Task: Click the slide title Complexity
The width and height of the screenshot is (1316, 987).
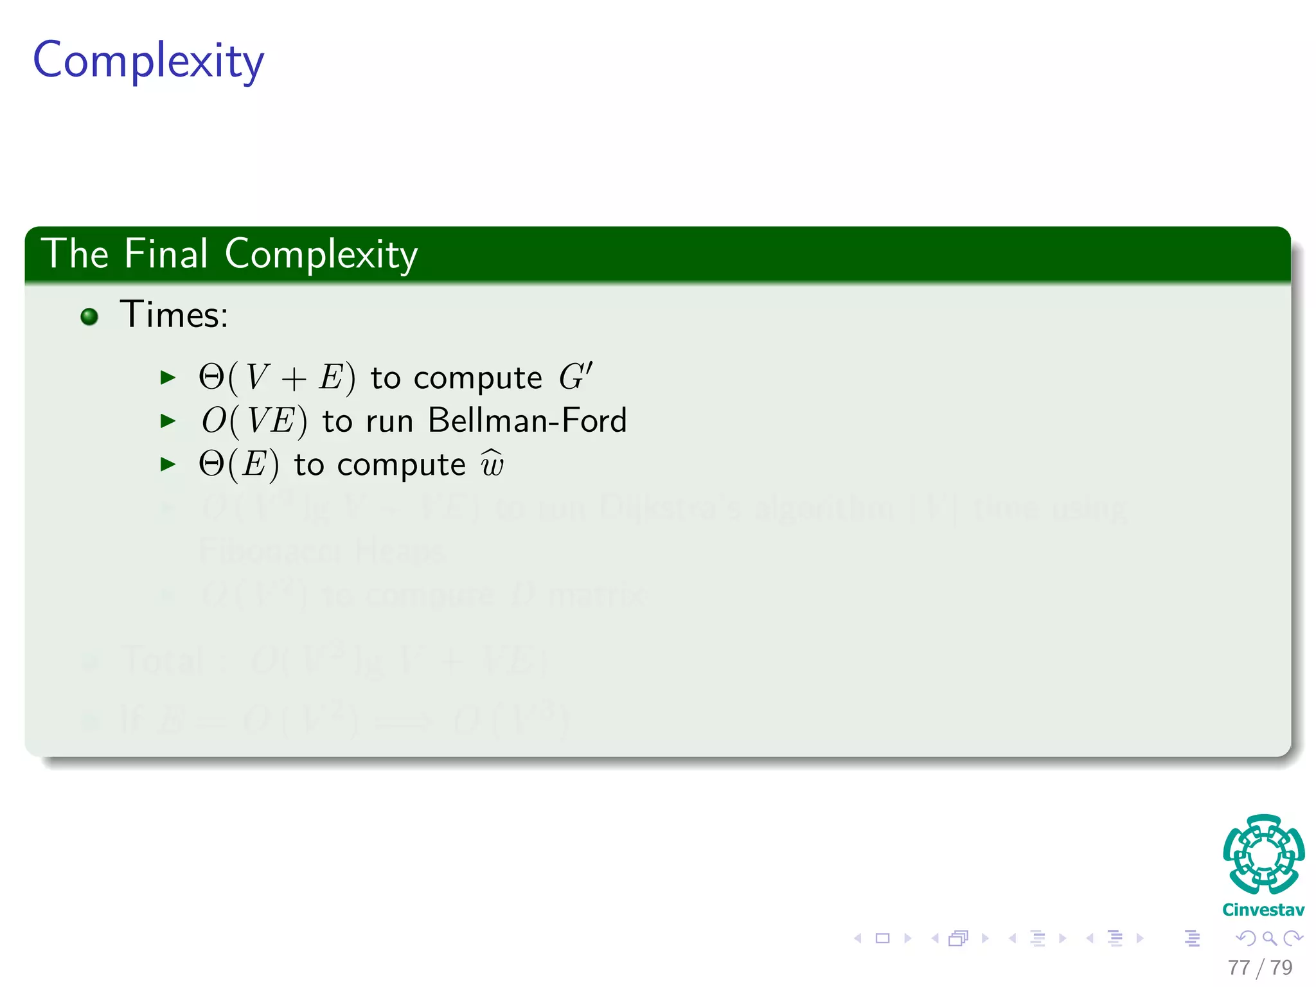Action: click(x=148, y=61)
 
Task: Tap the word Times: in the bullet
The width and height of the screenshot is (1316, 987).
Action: click(x=173, y=315)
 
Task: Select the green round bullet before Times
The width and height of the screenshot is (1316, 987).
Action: click(x=89, y=316)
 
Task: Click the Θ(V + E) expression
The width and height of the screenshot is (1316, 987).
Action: click(x=276, y=378)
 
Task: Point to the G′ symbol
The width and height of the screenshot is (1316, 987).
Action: click(x=574, y=377)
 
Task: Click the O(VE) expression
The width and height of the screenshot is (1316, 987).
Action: click(x=254, y=422)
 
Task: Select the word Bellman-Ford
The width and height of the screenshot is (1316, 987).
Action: click(x=527, y=421)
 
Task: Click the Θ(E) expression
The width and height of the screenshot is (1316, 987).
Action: click(x=238, y=465)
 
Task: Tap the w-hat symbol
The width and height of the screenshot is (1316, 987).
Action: click(x=492, y=464)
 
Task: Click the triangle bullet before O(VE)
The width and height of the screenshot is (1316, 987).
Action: click(x=168, y=422)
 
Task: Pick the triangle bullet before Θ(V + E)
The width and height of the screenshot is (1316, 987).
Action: click(x=168, y=378)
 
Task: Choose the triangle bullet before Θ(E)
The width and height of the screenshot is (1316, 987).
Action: click(x=168, y=465)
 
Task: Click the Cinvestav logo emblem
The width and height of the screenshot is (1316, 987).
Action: click(x=1263, y=855)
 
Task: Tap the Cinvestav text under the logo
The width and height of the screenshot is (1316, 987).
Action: click(x=1263, y=910)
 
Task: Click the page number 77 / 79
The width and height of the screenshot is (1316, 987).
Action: click(x=1259, y=968)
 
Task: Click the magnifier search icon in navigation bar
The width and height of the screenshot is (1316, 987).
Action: click(x=1269, y=938)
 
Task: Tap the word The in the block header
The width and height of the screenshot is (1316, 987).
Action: click(x=75, y=254)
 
